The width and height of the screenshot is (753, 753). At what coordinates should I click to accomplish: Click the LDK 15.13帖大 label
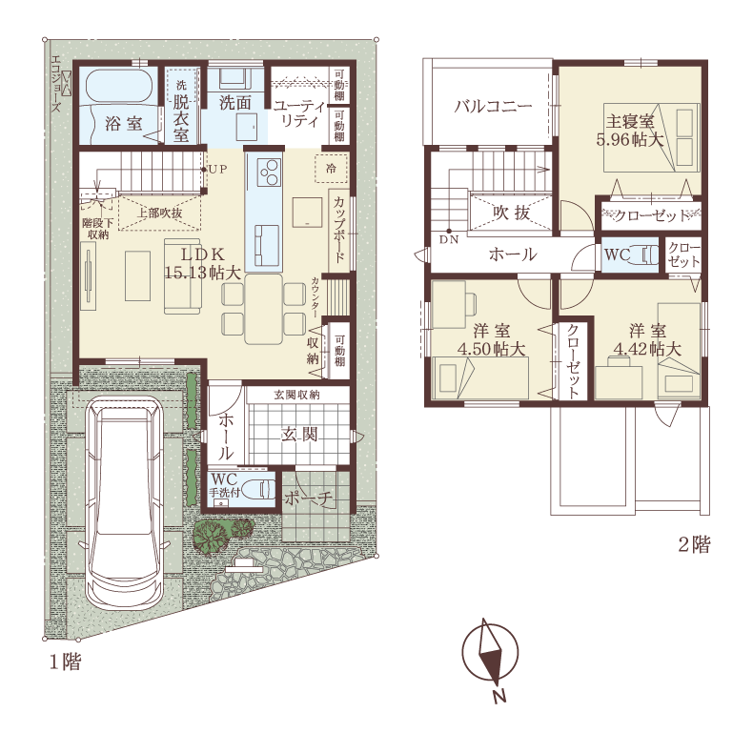203,263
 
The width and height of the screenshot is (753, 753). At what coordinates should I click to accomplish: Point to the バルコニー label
493,106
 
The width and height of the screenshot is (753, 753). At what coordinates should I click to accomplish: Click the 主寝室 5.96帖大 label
630,130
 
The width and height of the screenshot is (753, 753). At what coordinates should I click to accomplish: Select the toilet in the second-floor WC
646,255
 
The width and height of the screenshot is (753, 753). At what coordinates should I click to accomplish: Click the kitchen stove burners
269,172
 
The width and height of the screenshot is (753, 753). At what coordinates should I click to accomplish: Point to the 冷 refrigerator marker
332,169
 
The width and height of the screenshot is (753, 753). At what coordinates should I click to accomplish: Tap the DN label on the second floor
449,239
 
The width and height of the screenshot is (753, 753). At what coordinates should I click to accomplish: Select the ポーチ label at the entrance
308,499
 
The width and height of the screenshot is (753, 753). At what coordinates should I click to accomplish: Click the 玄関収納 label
296,396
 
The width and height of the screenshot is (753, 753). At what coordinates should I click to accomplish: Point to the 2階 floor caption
694,544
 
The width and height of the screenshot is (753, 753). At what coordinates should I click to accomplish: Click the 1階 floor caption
66,662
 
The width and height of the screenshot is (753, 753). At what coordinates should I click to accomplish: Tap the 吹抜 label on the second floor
511,213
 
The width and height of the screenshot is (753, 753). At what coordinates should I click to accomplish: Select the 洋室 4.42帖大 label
648,340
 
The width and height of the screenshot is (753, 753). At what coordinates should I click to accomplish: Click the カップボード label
339,230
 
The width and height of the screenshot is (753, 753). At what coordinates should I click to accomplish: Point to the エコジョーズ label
55,84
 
